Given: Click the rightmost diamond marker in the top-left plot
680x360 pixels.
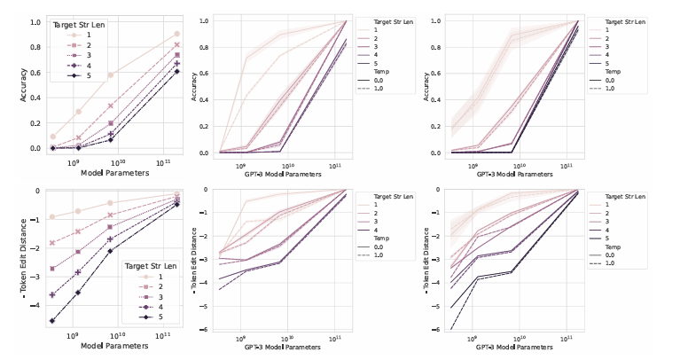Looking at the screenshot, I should point(177,71).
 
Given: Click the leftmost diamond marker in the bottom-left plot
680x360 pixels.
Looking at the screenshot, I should point(52,321).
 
